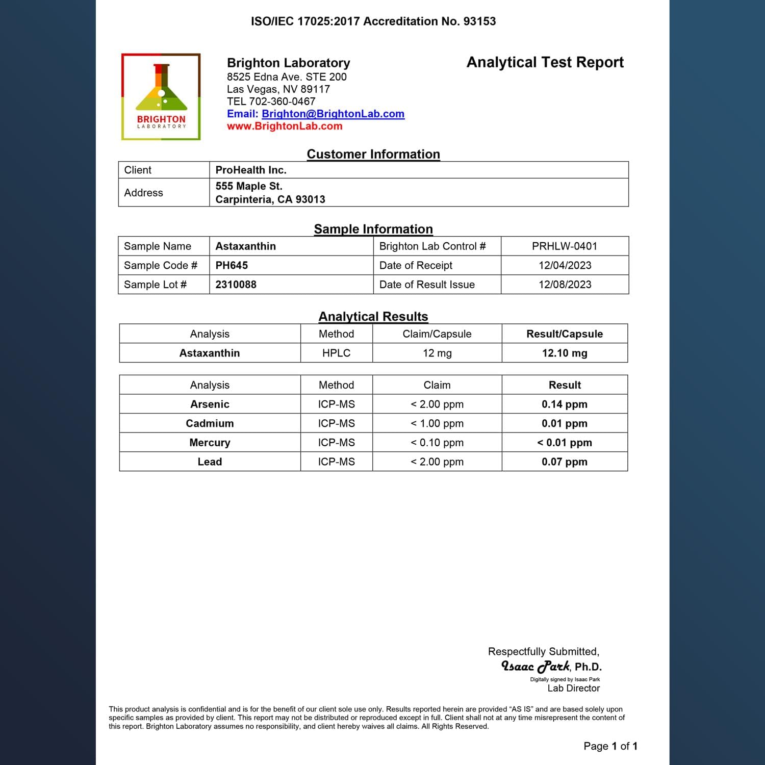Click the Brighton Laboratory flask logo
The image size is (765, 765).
(x=161, y=96)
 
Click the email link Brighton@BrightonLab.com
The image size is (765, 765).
(x=333, y=114)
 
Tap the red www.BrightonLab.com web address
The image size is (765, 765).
(x=285, y=126)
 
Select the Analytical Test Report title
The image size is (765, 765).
(x=545, y=62)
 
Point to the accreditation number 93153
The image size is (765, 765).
(x=479, y=21)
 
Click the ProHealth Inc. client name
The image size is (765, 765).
(x=251, y=170)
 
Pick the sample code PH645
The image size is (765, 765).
(x=232, y=265)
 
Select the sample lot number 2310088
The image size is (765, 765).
(x=236, y=285)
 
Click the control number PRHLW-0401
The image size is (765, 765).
(x=565, y=246)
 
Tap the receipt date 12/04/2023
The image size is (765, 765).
(x=565, y=265)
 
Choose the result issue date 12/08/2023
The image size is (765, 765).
(x=565, y=285)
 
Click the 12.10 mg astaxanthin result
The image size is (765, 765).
(x=565, y=353)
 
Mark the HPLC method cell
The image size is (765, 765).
(x=336, y=353)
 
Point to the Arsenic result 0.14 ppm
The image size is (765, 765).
(x=565, y=404)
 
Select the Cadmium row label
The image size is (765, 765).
(x=210, y=423)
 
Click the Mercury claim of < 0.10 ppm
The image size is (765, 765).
(x=437, y=443)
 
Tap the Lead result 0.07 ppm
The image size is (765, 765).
(x=565, y=462)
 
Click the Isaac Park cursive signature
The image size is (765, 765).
(x=535, y=666)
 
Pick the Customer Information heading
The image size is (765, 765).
(x=373, y=154)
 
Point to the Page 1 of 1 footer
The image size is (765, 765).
(x=610, y=746)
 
